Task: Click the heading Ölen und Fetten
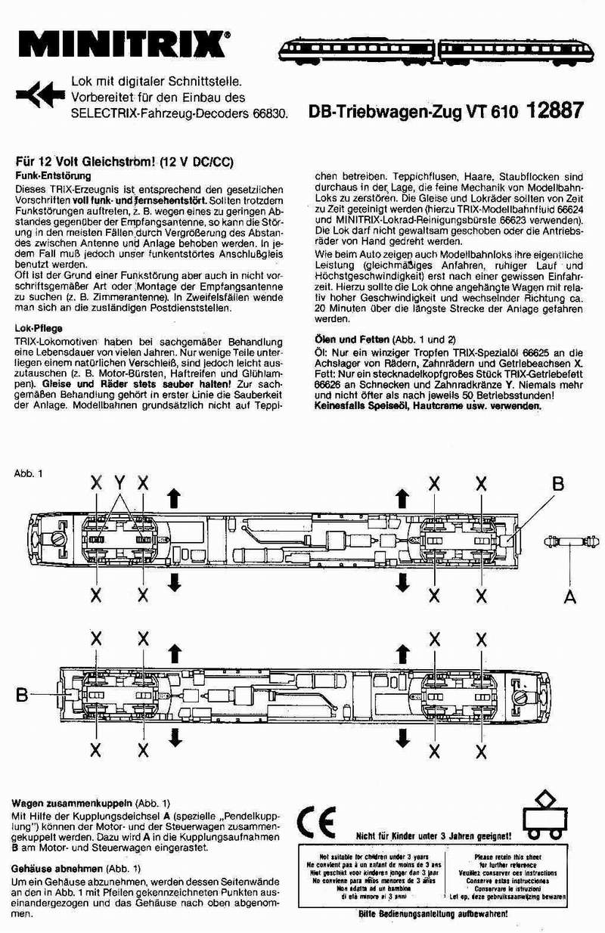352,339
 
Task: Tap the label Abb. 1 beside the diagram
28,473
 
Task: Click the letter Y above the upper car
119,482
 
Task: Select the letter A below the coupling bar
570,596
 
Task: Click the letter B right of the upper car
557,483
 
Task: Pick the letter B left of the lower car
23,693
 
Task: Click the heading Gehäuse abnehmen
60,869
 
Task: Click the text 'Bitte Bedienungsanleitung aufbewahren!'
433,913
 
